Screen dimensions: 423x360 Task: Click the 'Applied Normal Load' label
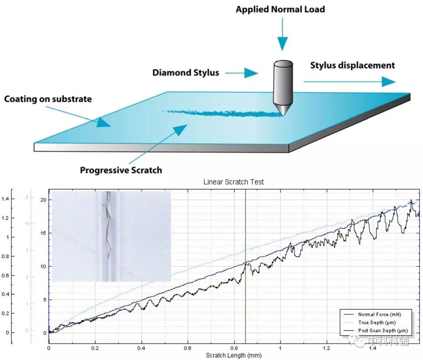pyautogui.click(x=280, y=9)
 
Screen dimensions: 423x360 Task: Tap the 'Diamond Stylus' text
pyautogui.click(x=185, y=73)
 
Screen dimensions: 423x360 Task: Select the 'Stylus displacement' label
pyautogui.click(x=352, y=65)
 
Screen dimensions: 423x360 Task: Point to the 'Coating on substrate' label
pyautogui.click(x=48, y=99)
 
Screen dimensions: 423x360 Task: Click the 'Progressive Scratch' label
pyautogui.click(x=121, y=170)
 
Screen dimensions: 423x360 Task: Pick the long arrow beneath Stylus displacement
pyautogui.click(x=349, y=81)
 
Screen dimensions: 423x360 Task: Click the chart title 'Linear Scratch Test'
pyautogui.click(x=233, y=182)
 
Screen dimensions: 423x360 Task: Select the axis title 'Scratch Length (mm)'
pyautogui.click(x=233, y=355)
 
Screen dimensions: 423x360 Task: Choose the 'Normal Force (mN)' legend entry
pyautogui.click(x=379, y=314)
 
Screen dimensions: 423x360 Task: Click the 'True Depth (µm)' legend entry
pyautogui.click(x=377, y=322)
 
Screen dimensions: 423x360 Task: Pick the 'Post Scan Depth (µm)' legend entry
pyautogui.click(x=383, y=330)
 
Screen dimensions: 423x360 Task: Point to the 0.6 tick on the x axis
pyautogui.click(x=187, y=348)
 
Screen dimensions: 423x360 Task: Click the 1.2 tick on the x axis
pyautogui.click(x=326, y=348)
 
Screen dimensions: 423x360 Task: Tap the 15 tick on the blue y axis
pyautogui.click(x=43, y=233)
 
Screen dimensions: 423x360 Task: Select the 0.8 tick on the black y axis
pyautogui.click(x=6, y=256)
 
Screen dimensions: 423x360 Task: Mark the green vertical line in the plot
pyautogui.click(x=245, y=231)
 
